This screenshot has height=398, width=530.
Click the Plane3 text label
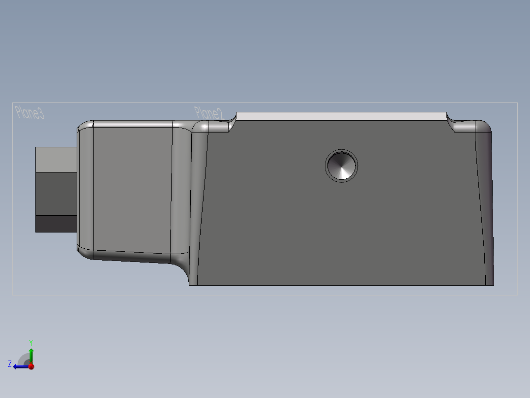point(30,113)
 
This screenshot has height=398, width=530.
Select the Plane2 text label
point(208,113)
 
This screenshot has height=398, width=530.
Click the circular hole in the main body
point(341,166)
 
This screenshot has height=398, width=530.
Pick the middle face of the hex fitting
point(56,193)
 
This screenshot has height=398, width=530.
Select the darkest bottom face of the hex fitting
point(56,224)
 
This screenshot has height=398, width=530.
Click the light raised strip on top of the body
point(341,116)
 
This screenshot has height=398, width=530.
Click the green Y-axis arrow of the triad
point(31,354)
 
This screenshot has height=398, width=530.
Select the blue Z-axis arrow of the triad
point(20,366)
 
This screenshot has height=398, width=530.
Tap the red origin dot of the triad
point(31,366)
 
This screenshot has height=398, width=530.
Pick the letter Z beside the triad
point(10,364)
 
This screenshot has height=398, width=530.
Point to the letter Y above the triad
point(30,342)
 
